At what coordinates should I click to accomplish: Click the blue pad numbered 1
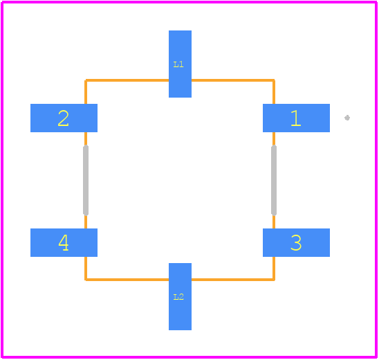click(x=296, y=118)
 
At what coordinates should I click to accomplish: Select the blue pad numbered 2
click(x=64, y=118)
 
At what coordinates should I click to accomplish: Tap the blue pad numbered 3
click(x=296, y=242)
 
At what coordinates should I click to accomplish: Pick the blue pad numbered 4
click(x=64, y=242)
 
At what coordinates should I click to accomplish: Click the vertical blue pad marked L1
click(x=180, y=64)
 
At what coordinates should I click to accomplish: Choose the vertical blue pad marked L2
click(x=180, y=296)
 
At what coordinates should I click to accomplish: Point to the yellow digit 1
click(x=296, y=118)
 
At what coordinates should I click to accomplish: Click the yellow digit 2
click(x=64, y=118)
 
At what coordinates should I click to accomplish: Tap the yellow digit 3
click(x=296, y=243)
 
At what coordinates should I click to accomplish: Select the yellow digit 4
click(x=64, y=243)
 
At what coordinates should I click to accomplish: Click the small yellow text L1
click(x=178, y=64)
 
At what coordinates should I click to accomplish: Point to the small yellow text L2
click(x=178, y=297)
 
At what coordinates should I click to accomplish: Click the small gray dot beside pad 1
click(x=347, y=118)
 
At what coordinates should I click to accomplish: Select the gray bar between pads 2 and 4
click(x=86, y=180)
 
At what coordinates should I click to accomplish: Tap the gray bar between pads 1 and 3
click(x=274, y=180)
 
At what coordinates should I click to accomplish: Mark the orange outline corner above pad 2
click(x=86, y=80)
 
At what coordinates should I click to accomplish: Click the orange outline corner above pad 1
click(x=274, y=80)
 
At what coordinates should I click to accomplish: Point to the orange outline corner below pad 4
click(x=86, y=280)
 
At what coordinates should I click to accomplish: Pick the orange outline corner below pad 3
click(x=274, y=280)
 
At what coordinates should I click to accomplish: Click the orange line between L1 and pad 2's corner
click(x=127, y=80)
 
